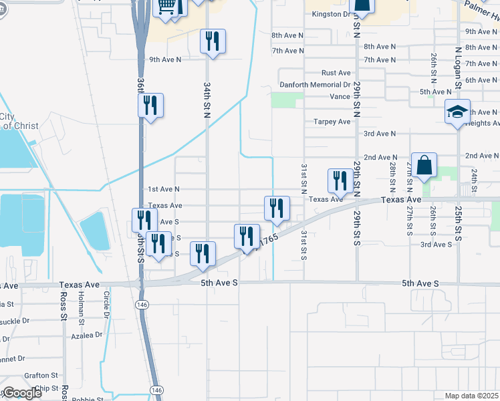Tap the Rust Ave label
336,73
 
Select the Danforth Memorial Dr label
319,85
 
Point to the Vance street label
340,96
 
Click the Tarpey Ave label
332,122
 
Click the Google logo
21,393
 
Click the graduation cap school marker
458,112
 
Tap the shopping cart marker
166,7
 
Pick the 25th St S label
458,224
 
